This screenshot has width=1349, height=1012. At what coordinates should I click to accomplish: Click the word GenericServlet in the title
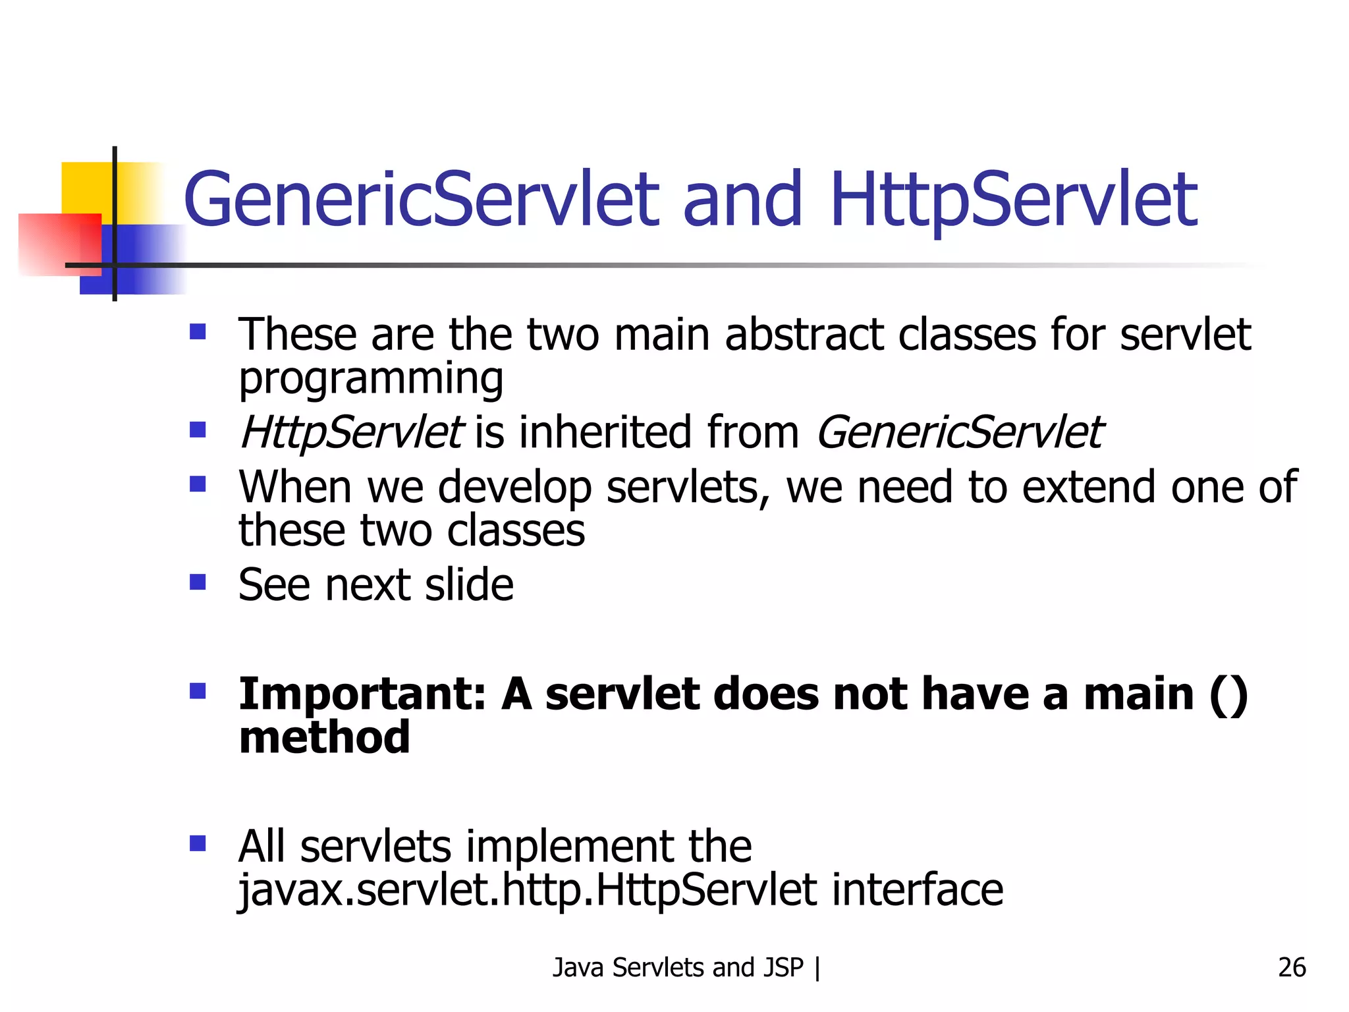point(421,199)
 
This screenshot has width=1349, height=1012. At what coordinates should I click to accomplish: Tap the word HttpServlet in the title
point(1014,199)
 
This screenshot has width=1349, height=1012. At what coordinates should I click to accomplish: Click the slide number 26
point(1292,967)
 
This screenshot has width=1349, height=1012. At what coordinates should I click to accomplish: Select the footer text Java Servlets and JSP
point(678,967)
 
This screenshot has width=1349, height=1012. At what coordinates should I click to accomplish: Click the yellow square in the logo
point(86,187)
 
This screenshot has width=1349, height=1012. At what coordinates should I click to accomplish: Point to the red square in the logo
point(59,244)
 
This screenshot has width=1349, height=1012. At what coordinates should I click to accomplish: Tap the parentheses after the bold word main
point(1228,694)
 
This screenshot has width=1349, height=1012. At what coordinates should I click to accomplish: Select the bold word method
point(324,737)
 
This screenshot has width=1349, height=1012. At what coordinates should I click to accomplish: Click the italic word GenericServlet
point(959,433)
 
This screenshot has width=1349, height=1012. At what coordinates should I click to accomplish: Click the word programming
point(371,378)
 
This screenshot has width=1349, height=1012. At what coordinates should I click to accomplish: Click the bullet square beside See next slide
point(198,582)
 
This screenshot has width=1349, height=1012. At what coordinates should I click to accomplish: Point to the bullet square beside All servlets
point(198,843)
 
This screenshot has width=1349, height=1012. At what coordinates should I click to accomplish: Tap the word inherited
point(605,433)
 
